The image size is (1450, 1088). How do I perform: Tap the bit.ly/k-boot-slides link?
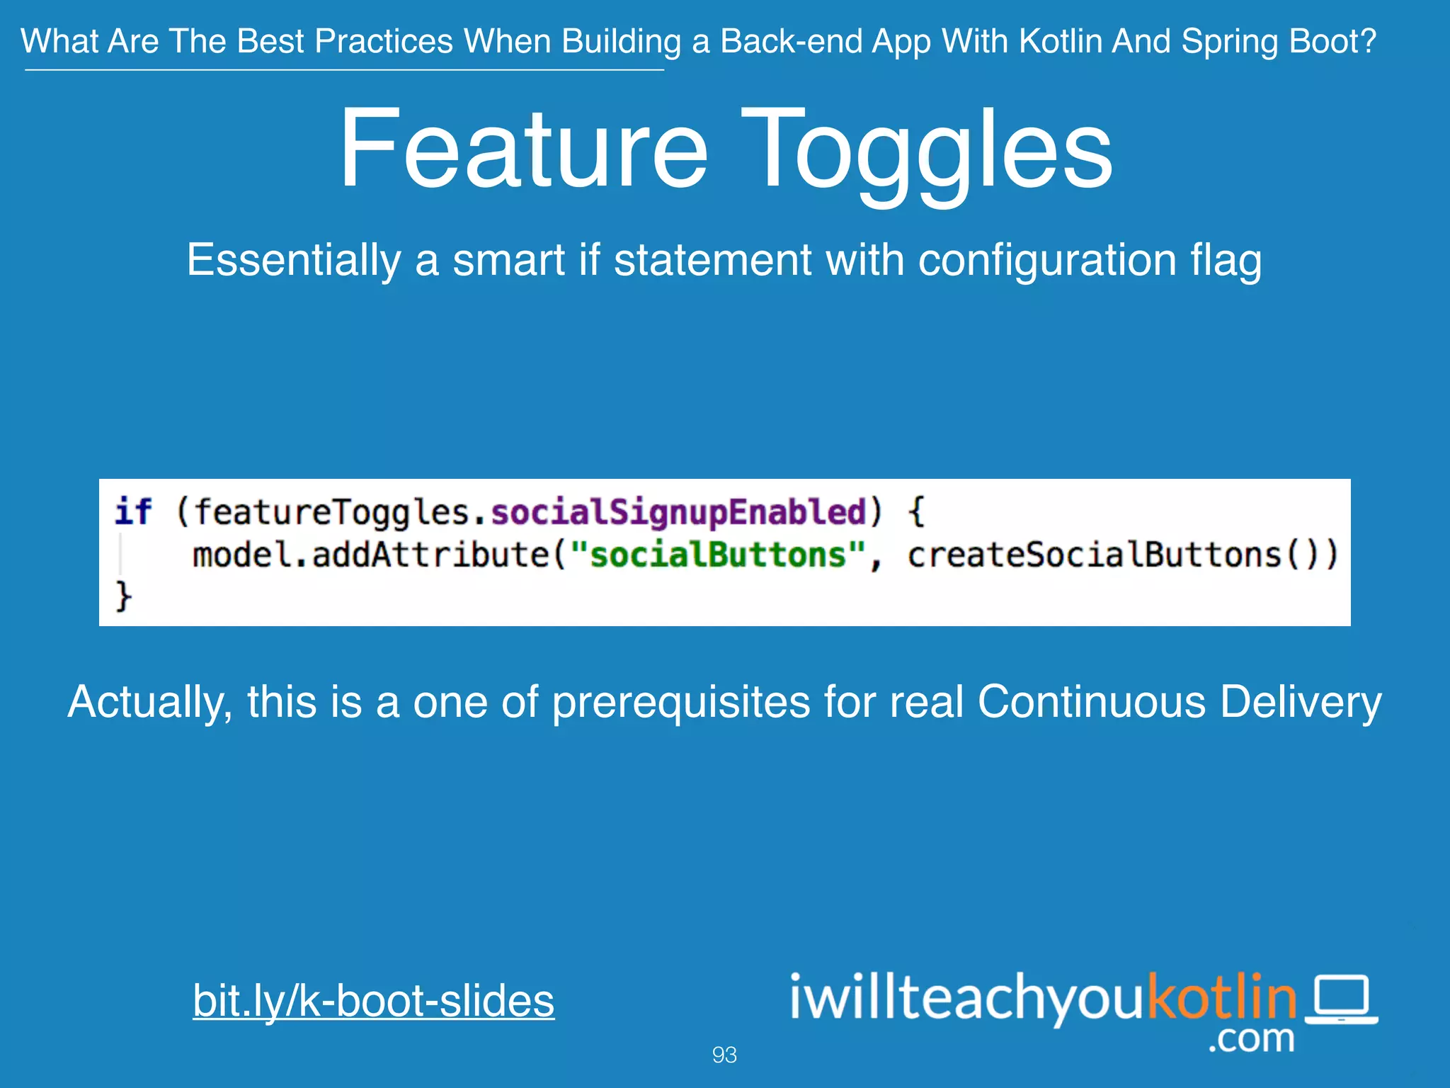point(373,1000)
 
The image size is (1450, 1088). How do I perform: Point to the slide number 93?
point(724,1055)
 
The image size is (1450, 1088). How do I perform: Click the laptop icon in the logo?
point(1341,999)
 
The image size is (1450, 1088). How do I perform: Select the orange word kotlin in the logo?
point(1222,996)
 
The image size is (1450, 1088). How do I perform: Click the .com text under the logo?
point(1251,1038)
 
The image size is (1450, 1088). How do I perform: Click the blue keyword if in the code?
point(133,511)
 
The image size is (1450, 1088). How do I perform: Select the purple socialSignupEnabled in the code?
point(678,512)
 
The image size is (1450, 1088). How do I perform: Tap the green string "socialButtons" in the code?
point(718,554)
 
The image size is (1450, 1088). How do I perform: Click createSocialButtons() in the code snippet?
point(1122,554)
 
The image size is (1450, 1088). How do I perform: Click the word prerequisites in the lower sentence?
point(681,703)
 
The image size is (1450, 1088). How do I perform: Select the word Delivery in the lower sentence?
point(1301,703)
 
